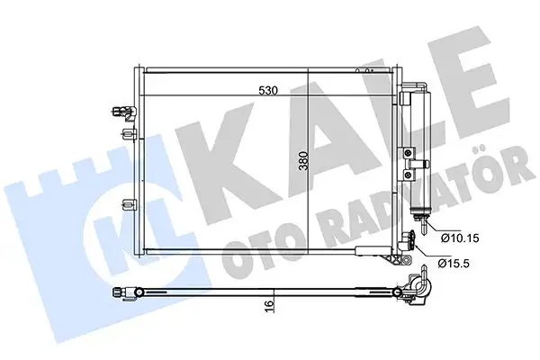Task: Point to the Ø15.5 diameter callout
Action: [x=456, y=264]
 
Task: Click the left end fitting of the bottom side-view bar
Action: [x=121, y=290]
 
